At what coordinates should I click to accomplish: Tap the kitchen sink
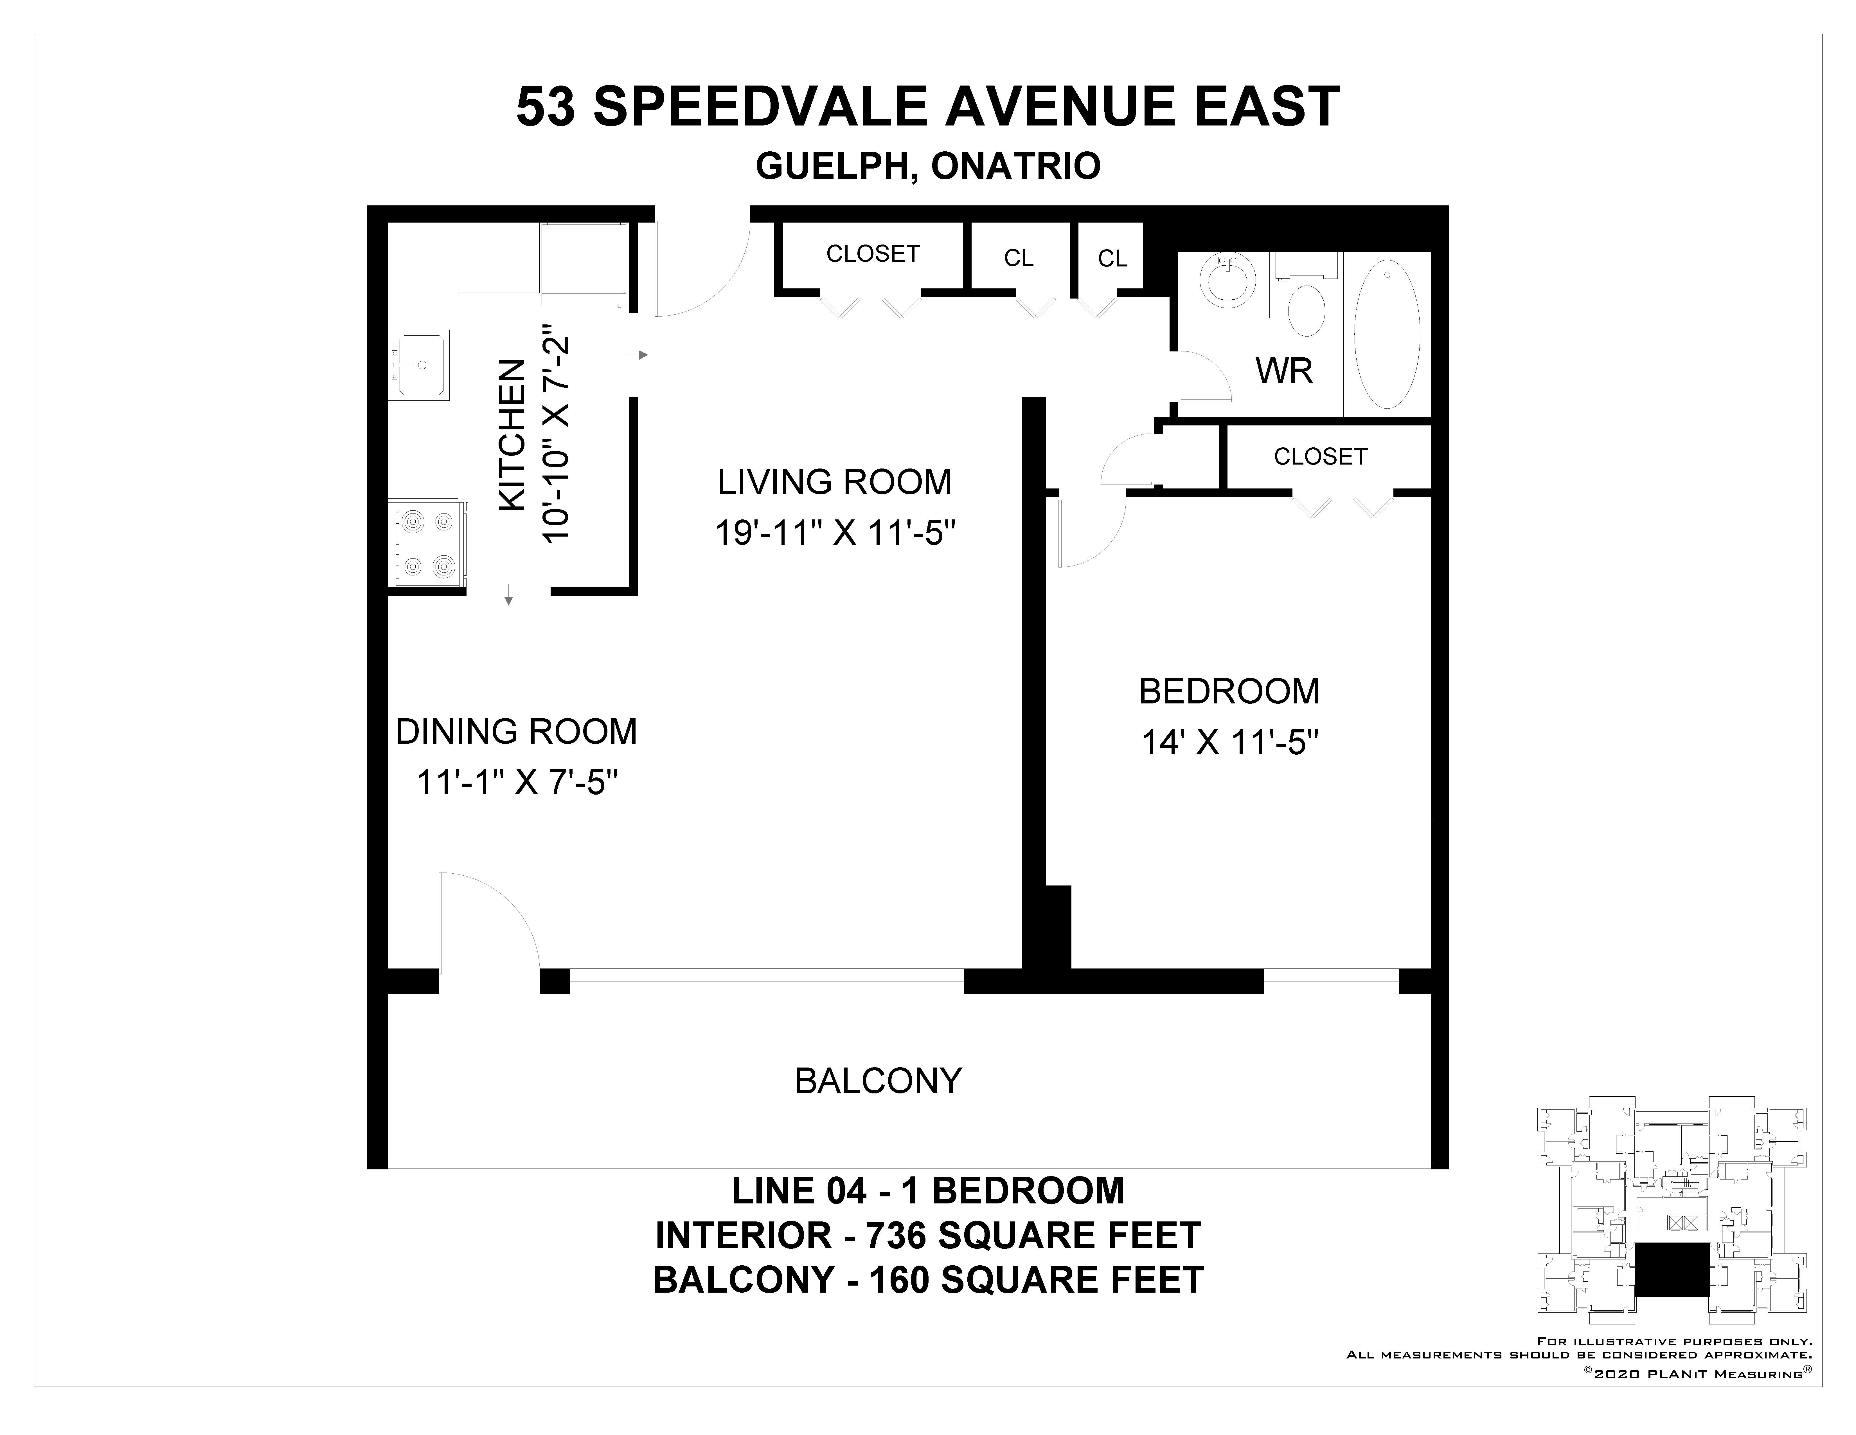(x=419, y=365)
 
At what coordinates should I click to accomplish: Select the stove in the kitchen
(x=427, y=544)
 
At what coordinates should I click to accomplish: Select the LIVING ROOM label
(x=835, y=482)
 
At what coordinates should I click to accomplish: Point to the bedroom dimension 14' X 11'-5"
(x=1229, y=743)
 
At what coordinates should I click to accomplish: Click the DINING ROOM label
(x=516, y=732)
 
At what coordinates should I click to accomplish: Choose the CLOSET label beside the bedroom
(x=1320, y=456)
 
